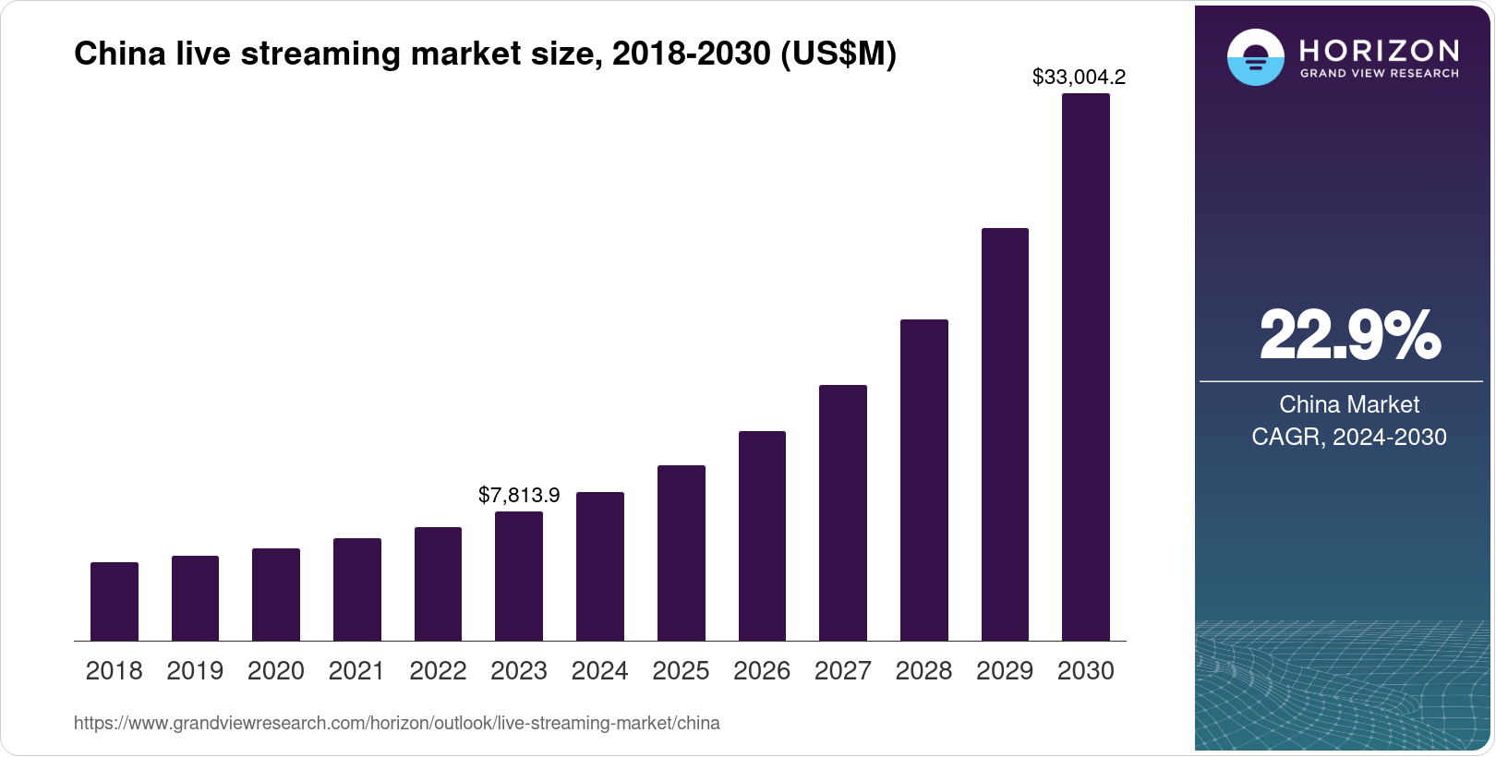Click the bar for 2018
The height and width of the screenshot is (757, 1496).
click(x=115, y=601)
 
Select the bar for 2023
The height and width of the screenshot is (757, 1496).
click(x=519, y=576)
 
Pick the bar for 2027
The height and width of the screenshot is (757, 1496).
click(x=842, y=512)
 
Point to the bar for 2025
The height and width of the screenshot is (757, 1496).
click(x=681, y=553)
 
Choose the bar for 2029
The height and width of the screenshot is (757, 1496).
click(x=1005, y=434)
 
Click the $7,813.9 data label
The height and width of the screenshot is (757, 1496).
click(x=519, y=496)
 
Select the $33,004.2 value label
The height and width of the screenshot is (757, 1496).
click(x=1079, y=78)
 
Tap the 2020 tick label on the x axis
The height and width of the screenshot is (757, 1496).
click(x=276, y=671)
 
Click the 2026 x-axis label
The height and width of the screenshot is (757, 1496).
click(x=762, y=671)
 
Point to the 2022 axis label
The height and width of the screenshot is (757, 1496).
click(x=438, y=671)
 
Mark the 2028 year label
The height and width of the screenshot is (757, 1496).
click(x=923, y=671)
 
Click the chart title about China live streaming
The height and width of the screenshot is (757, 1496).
click(x=485, y=54)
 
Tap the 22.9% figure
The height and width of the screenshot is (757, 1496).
click(x=1349, y=335)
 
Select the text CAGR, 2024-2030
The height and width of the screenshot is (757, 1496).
click(x=1349, y=437)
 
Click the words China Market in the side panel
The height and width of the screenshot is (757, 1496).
click(x=1349, y=404)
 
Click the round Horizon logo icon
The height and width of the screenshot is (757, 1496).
click(x=1255, y=57)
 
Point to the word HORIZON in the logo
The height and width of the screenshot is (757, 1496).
click(x=1379, y=50)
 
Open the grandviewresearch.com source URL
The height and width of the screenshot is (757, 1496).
click(x=396, y=723)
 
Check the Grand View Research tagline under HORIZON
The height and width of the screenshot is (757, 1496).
click(x=1379, y=73)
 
